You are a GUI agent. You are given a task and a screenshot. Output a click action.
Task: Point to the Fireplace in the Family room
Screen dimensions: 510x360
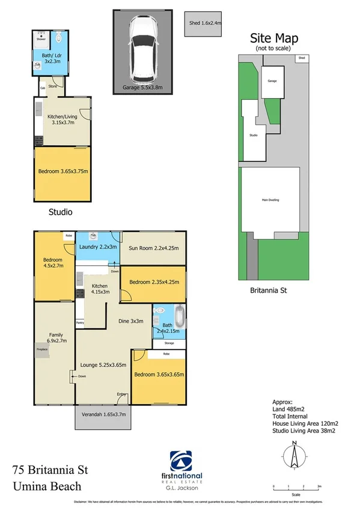(41, 351)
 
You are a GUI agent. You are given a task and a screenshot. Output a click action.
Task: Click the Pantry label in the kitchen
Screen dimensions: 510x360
(80, 323)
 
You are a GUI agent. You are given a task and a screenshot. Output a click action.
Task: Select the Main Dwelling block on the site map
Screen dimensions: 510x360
(270, 200)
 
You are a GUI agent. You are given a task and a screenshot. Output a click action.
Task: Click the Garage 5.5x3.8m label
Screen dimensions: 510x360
(143, 87)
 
